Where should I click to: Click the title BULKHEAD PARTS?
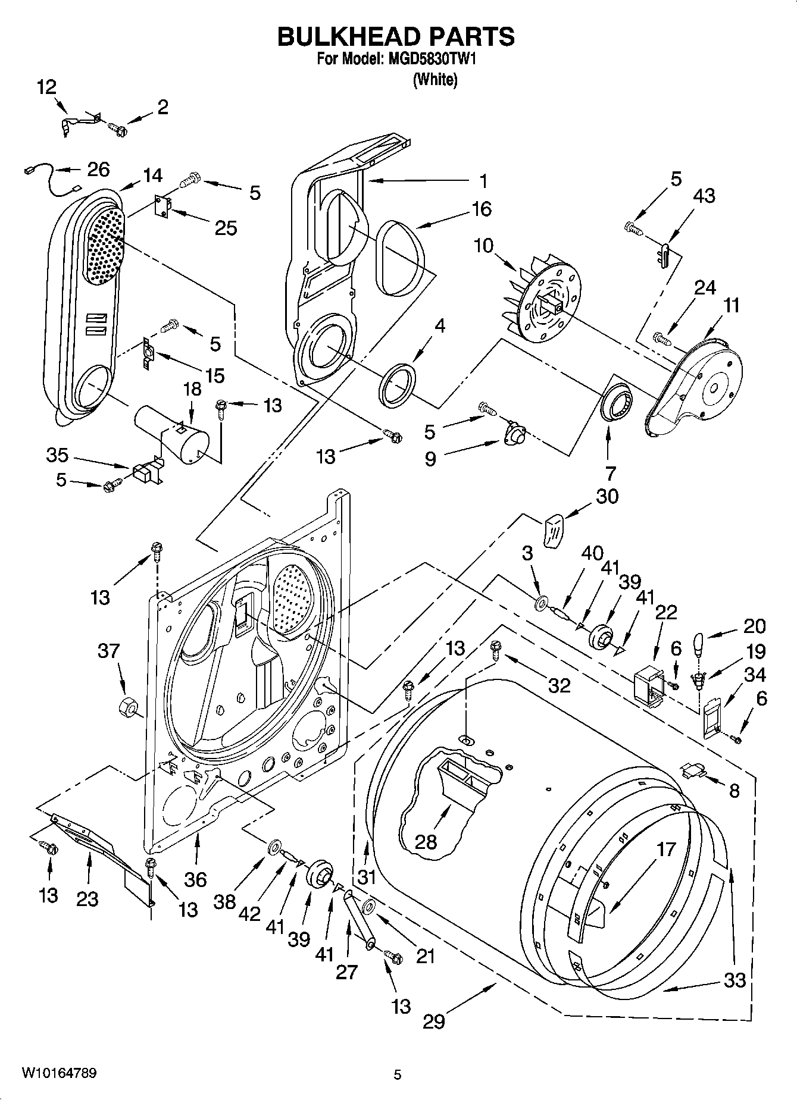[x=396, y=37]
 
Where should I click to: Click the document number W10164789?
[x=59, y=1073]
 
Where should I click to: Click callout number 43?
[x=704, y=196]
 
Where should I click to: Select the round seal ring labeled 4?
[x=397, y=386]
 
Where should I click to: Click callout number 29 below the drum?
[x=434, y=1021]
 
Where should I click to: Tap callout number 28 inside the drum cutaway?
[x=426, y=842]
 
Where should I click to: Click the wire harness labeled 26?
[x=50, y=178]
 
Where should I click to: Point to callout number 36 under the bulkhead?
[x=195, y=879]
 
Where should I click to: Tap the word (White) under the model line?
[x=435, y=80]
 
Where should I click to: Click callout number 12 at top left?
[x=46, y=87]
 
